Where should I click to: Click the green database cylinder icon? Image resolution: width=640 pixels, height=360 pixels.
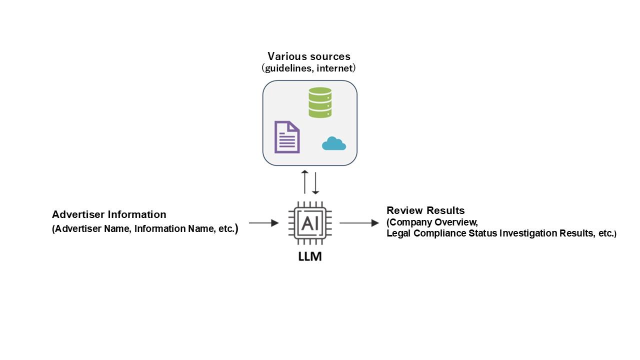(x=320, y=102)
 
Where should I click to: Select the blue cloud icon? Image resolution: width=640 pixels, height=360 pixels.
(x=334, y=144)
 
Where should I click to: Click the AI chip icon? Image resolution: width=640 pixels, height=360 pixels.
(x=310, y=223)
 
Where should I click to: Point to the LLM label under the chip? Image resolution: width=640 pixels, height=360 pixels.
(x=310, y=256)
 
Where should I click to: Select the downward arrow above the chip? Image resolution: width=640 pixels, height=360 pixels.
(x=315, y=183)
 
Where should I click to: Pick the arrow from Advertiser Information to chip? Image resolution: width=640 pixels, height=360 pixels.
(x=263, y=223)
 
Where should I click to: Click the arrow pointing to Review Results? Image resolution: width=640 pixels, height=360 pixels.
(x=359, y=223)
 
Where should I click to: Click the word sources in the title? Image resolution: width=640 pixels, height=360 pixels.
(x=330, y=56)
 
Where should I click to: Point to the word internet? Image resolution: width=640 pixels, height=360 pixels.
(x=334, y=68)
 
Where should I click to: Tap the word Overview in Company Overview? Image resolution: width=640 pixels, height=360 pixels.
(x=457, y=222)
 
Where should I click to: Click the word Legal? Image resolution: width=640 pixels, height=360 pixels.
(x=398, y=233)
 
